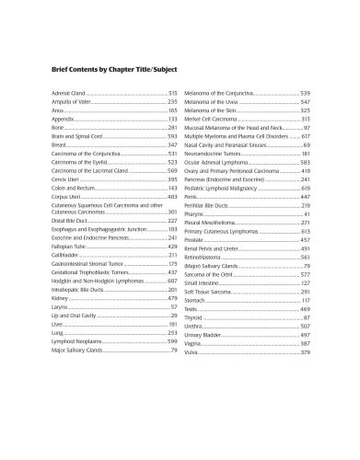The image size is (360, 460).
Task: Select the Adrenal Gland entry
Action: (68, 94)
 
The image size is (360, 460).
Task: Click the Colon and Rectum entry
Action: (74, 188)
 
